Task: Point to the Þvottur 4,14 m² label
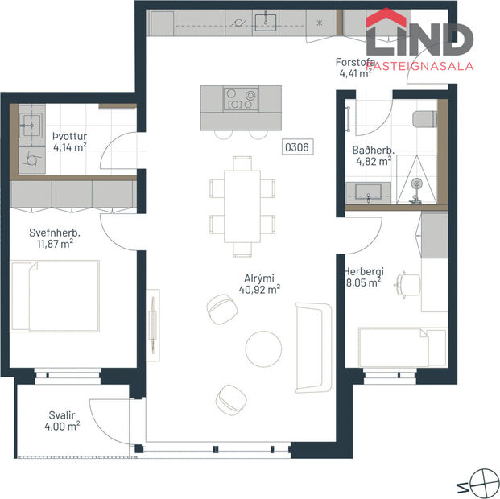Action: click(x=68, y=142)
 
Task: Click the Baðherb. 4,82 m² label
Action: click(x=372, y=155)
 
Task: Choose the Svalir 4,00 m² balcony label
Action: click(x=62, y=421)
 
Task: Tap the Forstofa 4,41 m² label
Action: click(x=355, y=69)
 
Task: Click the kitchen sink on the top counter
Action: click(x=265, y=19)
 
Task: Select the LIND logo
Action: click(x=419, y=40)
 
